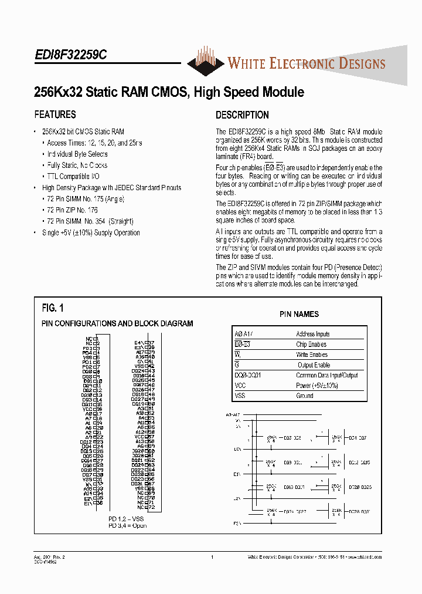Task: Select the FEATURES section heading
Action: (55, 114)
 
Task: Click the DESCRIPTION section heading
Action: (242, 115)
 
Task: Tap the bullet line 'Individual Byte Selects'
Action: (77, 154)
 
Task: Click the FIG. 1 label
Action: (53, 308)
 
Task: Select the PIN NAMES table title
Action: (299, 315)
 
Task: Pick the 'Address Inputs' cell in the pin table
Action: (313, 334)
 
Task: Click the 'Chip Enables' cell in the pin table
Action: (311, 345)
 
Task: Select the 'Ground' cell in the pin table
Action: (305, 396)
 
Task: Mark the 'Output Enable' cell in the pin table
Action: (314, 365)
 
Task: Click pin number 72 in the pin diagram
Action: (151, 507)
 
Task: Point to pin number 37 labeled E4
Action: (151, 342)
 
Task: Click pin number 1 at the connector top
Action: (97, 339)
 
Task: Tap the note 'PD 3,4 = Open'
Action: (127, 525)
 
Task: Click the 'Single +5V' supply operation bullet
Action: (91, 232)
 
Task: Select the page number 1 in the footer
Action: (212, 556)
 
